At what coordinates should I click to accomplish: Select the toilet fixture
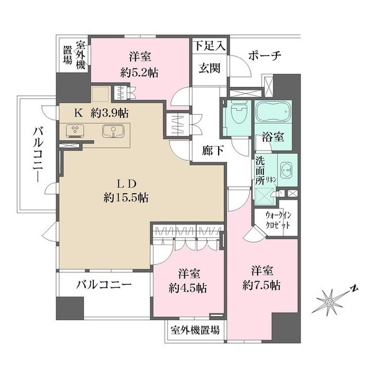[239, 114]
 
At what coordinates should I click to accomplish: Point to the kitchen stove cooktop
[75, 131]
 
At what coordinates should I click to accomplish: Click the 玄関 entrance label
[209, 68]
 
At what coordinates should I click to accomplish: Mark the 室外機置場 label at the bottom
[195, 330]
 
